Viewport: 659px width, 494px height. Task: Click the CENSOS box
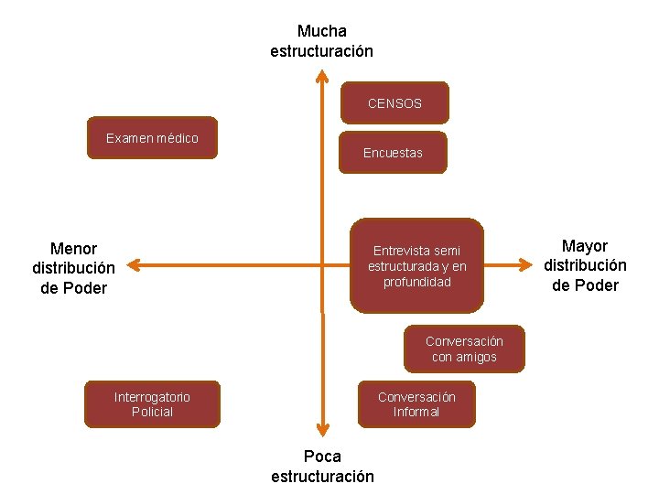point(394,102)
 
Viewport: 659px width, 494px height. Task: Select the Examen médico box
point(152,138)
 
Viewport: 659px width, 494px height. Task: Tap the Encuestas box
point(393,153)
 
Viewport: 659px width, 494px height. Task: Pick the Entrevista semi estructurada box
point(416,265)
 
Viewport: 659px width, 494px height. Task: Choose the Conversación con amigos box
point(464,349)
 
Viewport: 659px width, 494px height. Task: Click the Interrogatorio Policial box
point(152,403)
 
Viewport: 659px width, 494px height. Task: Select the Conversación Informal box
point(416,403)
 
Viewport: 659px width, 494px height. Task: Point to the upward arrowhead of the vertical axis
point(322,76)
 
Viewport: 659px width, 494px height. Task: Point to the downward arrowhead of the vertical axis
point(322,428)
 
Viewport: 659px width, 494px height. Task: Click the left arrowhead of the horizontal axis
point(132,265)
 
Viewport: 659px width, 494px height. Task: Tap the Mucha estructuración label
point(322,41)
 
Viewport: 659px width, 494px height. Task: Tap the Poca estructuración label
point(322,466)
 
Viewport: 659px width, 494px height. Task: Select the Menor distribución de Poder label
point(73,268)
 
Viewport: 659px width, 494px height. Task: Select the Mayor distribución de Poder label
point(585,265)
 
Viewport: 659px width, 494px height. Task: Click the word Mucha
point(322,31)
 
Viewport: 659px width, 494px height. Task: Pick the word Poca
point(322,456)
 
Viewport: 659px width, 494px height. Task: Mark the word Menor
point(73,248)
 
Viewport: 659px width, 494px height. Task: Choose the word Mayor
point(585,245)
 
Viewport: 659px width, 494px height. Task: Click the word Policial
point(152,412)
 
